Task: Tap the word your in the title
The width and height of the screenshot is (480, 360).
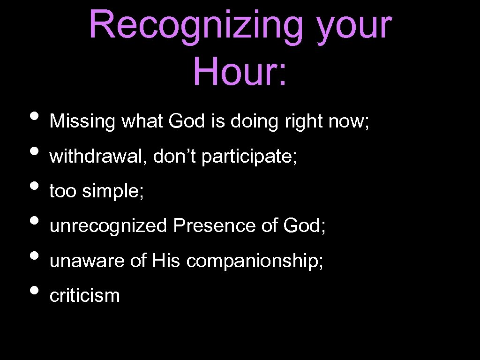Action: (354, 26)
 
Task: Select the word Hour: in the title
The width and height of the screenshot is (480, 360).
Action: (240, 71)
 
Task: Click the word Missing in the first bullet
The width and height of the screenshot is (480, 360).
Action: (82, 122)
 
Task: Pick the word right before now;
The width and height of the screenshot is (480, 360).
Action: (304, 122)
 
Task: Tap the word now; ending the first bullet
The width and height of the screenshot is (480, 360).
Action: (349, 122)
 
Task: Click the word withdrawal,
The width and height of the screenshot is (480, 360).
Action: (98, 157)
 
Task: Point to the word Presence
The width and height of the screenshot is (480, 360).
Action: (214, 226)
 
